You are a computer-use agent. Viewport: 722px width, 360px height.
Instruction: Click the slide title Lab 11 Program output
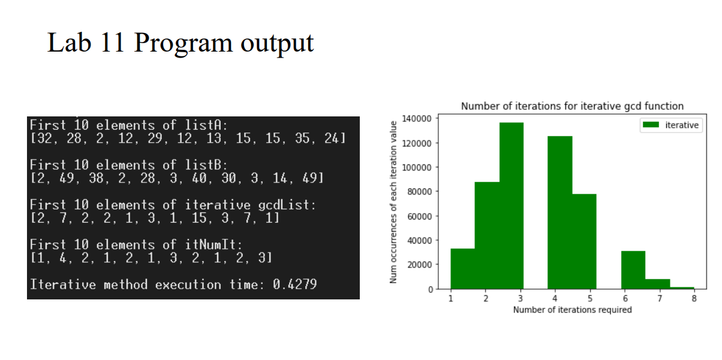(x=180, y=43)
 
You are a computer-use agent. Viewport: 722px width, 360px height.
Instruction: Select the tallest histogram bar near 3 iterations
(x=512, y=205)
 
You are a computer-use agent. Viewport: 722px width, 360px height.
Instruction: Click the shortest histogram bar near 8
(x=682, y=288)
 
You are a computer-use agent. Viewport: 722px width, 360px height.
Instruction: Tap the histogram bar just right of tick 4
(x=560, y=212)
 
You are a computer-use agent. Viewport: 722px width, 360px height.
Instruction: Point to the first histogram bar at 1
(x=462, y=268)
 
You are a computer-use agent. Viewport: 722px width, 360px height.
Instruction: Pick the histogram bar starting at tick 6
(x=633, y=269)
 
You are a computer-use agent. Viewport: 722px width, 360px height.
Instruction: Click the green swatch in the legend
(x=651, y=125)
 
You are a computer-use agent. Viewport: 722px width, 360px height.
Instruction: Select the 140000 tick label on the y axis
(x=416, y=119)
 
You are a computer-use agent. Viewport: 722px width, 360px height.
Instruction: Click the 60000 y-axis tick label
(x=419, y=216)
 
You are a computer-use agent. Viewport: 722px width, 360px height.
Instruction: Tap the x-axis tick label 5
(x=590, y=298)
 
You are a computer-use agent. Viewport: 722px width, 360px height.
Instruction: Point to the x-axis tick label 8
(x=694, y=298)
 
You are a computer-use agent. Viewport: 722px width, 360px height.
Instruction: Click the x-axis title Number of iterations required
(x=573, y=310)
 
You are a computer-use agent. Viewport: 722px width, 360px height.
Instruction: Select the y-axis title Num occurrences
(x=393, y=202)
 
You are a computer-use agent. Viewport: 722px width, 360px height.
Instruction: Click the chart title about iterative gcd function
(x=573, y=106)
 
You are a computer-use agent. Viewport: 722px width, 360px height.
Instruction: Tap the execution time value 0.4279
(x=295, y=284)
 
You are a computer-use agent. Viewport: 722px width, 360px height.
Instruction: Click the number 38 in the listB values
(x=96, y=178)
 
